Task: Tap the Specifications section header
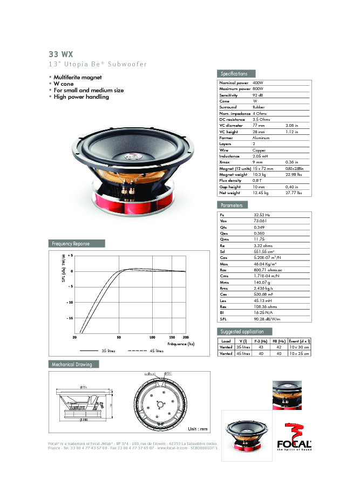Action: (x=234, y=74)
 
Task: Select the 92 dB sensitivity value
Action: (x=258, y=95)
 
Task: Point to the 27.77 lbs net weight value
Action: (x=294, y=193)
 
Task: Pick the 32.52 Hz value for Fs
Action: (x=261, y=215)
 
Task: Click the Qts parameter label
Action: (x=223, y=227)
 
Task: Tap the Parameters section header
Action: (x=232, y=206)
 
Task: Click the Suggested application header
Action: (x=242, y=331)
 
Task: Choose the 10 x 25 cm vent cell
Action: (x=298, y=354)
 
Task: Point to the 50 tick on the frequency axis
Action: (x=119, y=337)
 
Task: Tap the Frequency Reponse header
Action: (x=71, y=244)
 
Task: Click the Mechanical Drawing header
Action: (x=71, y=364)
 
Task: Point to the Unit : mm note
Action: (x=198, y=429)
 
